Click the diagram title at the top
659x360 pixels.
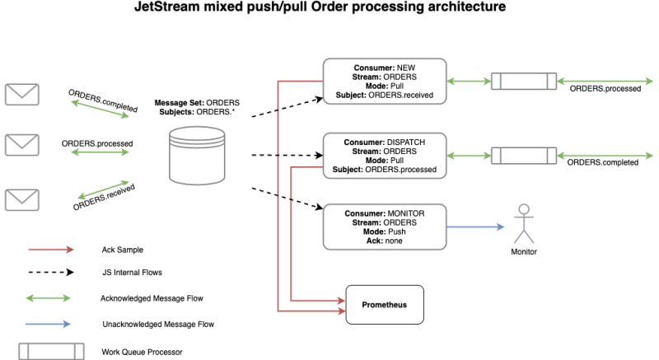click(329, 9)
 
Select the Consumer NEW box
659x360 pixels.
click(385, 81)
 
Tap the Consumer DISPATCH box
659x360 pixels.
click(385, 154)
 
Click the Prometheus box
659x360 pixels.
click(385, 304)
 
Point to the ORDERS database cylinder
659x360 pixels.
click(195, 155)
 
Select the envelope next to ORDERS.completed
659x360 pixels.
click(21, 93)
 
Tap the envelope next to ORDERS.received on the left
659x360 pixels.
click(21, 199)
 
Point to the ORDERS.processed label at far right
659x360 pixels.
click(605, 88)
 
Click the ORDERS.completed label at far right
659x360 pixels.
click(603, 162)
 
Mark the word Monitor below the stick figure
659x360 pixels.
click(524, 251)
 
